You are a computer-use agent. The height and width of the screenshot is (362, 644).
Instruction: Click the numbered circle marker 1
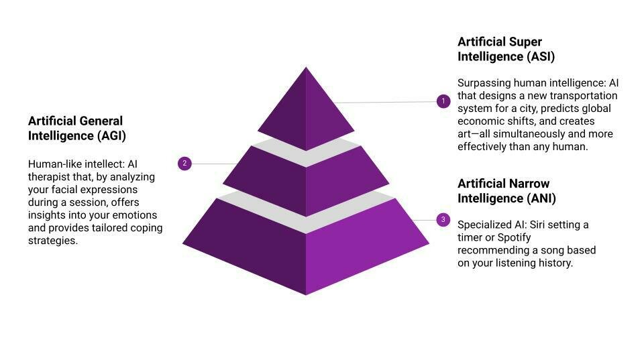tap(443, 101)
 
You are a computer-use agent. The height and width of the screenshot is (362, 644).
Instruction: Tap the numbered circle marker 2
tap(184, 163)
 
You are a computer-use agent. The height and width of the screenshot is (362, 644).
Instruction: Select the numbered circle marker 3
tap(443, 219)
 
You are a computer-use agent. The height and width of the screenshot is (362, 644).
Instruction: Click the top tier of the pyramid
tap(306, 107)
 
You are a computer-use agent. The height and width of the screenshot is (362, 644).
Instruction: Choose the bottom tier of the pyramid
tap(306, 255)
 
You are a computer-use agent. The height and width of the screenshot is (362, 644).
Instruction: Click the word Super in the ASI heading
tap(525, 42)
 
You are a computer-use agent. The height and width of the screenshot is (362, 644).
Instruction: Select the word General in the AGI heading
tap(101, 121)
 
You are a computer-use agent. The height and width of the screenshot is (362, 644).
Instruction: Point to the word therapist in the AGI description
tap(50, 177)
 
